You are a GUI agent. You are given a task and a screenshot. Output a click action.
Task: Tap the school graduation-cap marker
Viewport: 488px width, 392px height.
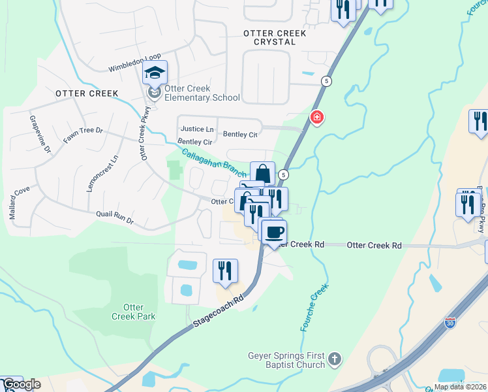point(155,73)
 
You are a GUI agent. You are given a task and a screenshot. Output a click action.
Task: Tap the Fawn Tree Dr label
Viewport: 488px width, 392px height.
point(83,135)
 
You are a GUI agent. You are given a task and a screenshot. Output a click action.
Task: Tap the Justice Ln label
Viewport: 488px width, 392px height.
point(196,129)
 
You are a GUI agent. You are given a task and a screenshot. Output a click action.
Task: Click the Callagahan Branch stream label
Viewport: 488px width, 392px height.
point(213,162)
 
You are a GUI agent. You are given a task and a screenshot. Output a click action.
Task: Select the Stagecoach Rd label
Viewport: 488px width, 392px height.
point(219,312)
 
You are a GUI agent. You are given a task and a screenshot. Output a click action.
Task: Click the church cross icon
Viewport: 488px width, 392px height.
point(334,359)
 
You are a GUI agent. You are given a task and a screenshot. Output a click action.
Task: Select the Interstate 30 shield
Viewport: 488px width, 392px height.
point(450,322)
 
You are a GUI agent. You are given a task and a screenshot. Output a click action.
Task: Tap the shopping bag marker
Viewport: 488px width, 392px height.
point(262,174)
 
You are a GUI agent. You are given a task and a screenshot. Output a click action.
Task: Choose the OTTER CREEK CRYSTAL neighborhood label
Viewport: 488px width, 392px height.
point(269,37)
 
